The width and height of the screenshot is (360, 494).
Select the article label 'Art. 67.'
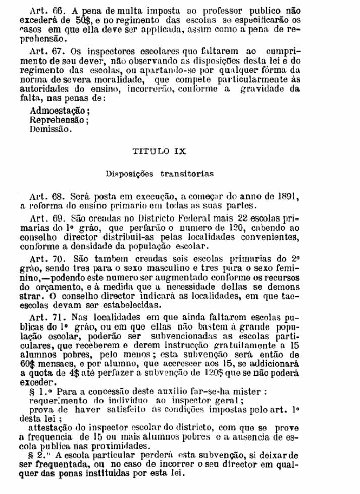pos(45,51)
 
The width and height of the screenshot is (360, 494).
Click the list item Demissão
pos(50,129)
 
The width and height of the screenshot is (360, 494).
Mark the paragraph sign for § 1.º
pos(33,391)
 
